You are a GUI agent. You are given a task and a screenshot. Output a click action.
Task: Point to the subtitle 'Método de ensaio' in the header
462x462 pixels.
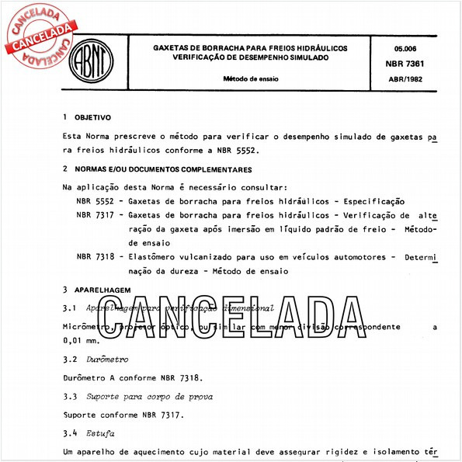[250, 79]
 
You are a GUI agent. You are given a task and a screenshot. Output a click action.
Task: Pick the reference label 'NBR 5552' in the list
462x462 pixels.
[95, 200]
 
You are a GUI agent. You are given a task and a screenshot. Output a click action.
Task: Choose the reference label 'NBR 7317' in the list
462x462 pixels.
[95, 214]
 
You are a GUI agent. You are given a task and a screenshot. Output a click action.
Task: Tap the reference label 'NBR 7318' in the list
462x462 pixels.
[95, 257]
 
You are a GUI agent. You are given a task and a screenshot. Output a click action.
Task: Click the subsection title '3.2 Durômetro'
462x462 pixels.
[95, 360]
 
